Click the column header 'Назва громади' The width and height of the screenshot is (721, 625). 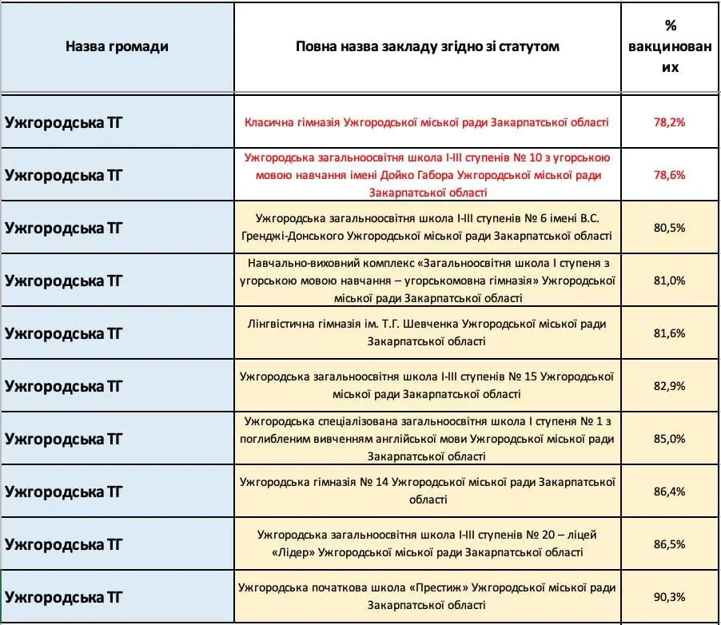click(x=117, y=46)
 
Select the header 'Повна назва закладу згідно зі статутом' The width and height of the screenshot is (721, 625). click(x=427, y=46)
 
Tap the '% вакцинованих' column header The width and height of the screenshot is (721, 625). click(x=670, y=46)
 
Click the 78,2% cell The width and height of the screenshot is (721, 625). click(x=670, y=122)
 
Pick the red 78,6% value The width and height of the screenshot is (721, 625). click(x=670, y=175)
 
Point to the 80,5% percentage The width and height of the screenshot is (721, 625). click(x=670, y=228)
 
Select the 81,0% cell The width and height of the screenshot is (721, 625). click(x=670, y=281)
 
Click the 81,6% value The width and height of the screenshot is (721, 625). click(x=670, y=333)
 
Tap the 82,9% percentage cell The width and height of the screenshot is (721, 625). click(x=670, y=386)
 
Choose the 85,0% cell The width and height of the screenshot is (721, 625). click(x=670, y=439)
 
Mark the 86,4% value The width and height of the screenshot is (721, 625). click(x=670, y=492)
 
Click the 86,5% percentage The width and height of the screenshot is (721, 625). click(x=670, y=544)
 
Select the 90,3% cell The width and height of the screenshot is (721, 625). click(x=670, y=597)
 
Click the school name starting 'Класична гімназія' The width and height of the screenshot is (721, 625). click(x=427, y=122)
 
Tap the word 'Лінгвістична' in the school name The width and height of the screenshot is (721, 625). click(x=283, y=324)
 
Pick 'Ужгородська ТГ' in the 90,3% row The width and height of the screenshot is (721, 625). click(x=63, y=597)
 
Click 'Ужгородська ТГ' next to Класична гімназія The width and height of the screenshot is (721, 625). click(x=63, y=122)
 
